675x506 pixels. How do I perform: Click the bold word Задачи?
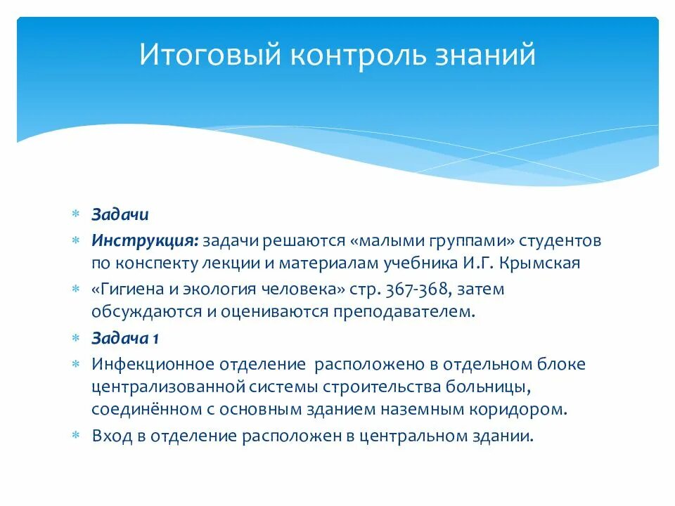point(120,214)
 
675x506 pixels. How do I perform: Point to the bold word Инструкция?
point(144,241)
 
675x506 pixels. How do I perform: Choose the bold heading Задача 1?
point(125,338)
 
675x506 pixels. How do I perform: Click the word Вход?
point(109,435)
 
